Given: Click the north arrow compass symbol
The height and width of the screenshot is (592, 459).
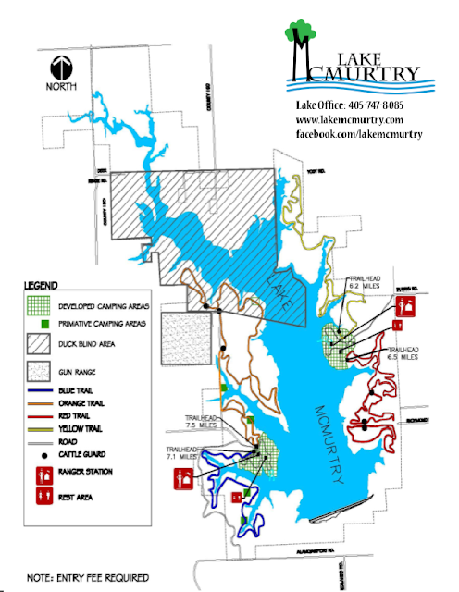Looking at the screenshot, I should click(x=63, y=70).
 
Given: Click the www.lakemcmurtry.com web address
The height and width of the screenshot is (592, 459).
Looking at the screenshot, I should click(x=349, y=120).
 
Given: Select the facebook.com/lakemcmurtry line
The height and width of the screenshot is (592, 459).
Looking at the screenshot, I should click(x=359, y=134).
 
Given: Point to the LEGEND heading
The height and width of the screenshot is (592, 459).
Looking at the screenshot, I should click(x=43, y=285).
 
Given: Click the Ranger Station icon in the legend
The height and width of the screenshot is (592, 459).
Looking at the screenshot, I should click(x=43, y=475).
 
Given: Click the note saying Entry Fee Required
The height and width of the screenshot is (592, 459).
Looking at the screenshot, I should click(x=88, y=578).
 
